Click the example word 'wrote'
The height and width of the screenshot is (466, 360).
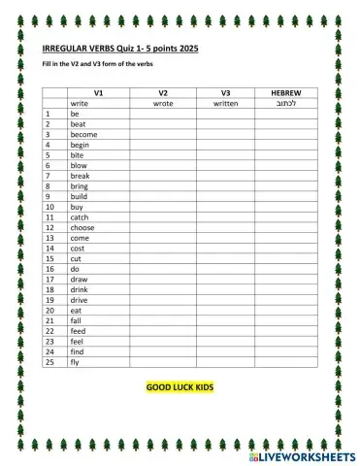click(163, 102)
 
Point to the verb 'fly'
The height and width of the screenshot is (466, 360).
click(74, 362)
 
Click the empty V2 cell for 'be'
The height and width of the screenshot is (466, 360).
click(163, 114)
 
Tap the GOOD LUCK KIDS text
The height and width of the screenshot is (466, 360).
click(180, 386)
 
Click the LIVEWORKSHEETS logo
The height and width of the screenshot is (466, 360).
click(301, 453)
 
